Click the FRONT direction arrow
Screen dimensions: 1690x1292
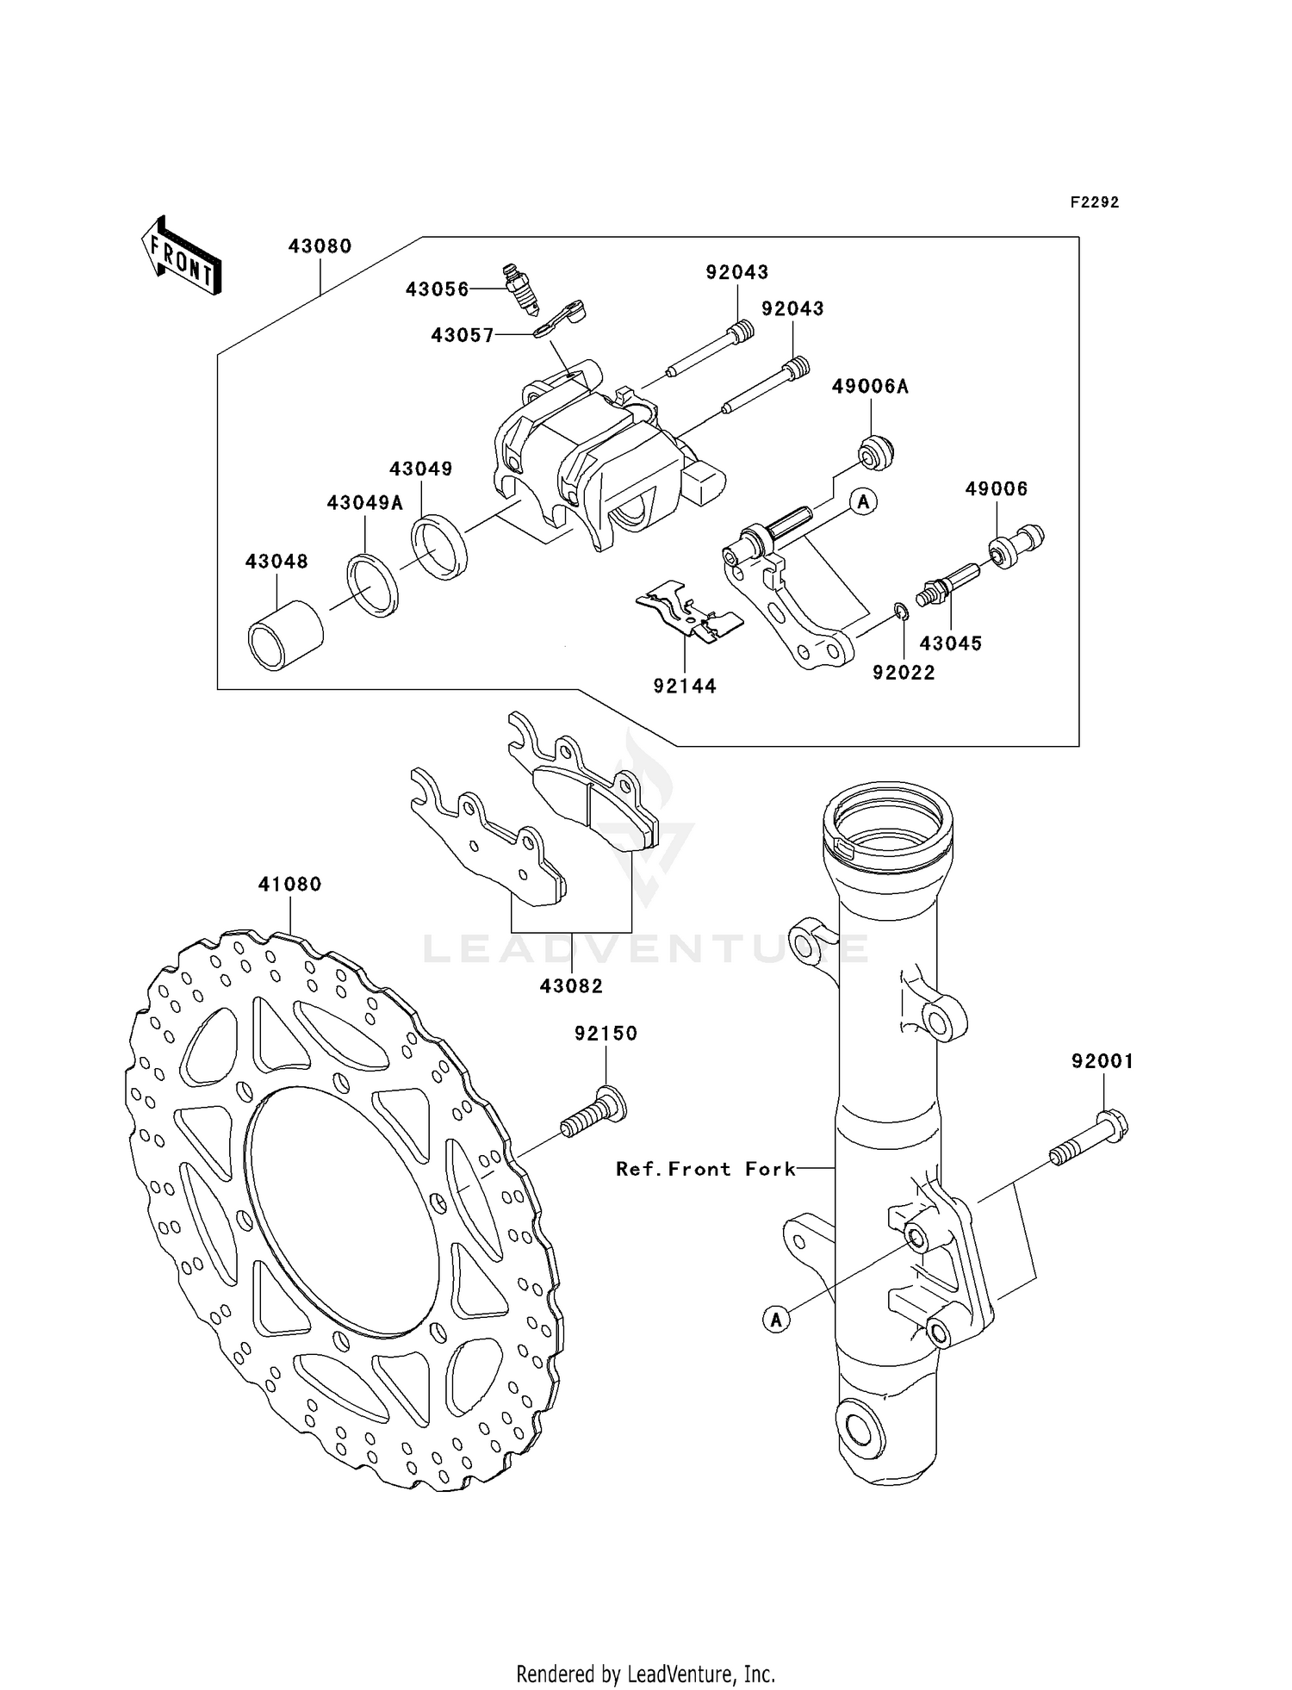182,257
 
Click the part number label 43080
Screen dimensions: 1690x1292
320,246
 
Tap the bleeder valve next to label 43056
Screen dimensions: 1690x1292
520,289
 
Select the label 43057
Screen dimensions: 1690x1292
463,335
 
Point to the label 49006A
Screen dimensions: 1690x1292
870,387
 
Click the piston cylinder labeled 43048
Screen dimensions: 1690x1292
284,636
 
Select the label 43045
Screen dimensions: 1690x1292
950,643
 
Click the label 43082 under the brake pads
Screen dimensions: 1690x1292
571,986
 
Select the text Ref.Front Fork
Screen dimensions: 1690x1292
705,1169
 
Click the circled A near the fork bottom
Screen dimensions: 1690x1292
777,1318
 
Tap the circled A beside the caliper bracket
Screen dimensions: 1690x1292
864,500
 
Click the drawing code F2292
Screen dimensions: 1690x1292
1094,202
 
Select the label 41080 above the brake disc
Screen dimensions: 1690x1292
289,885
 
